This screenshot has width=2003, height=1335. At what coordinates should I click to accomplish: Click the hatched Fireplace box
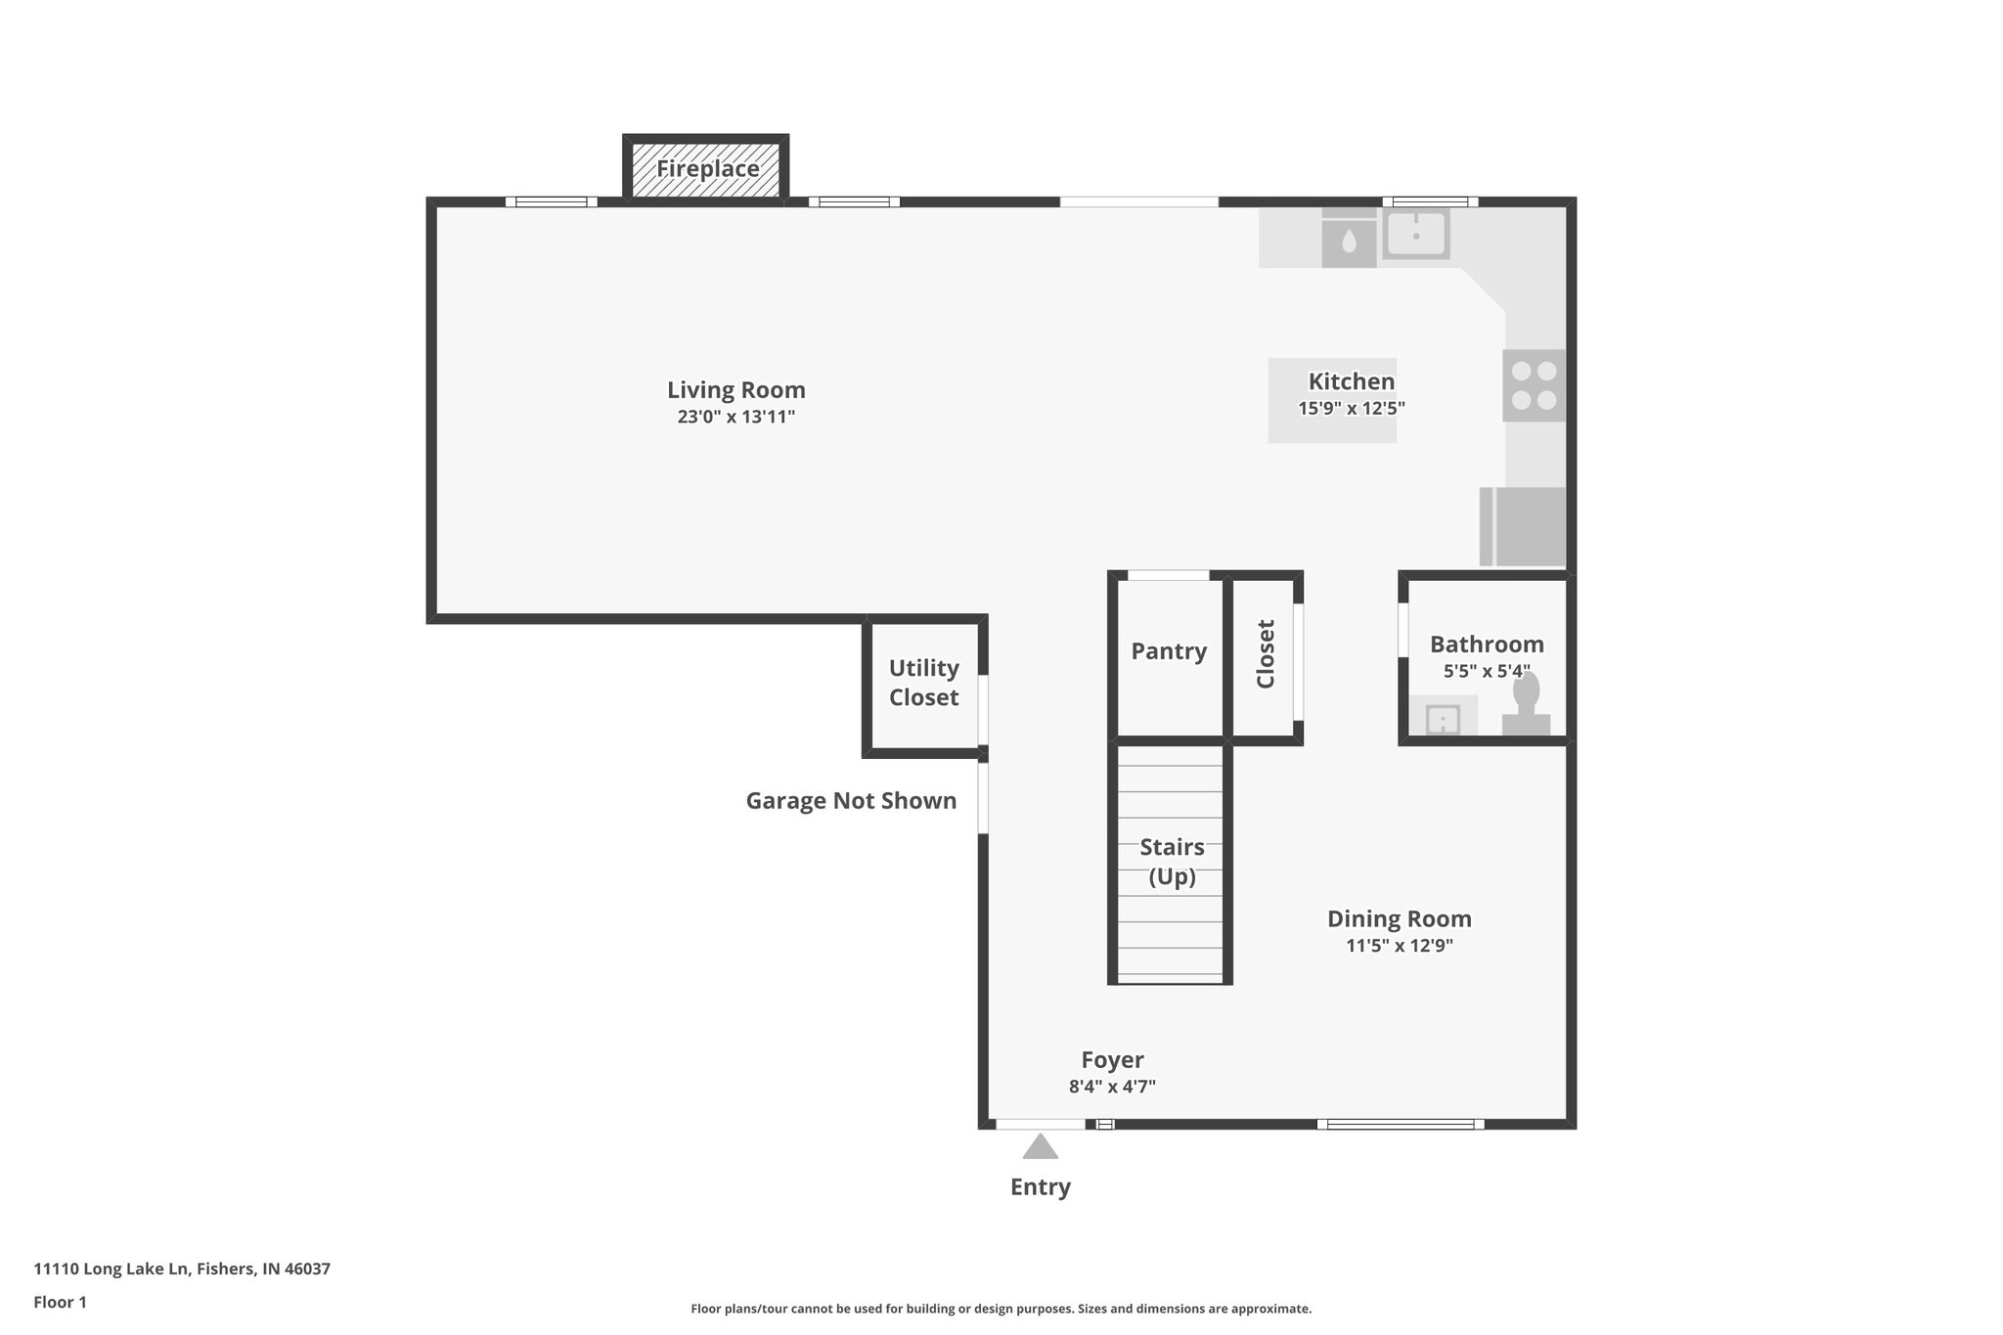click(706, 169)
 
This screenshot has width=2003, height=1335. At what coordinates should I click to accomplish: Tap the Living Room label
click(735, 390)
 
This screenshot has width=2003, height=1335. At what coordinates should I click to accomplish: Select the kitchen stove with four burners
click(1534, 385)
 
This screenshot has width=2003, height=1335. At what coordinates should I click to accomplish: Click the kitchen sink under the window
click(1415, 234)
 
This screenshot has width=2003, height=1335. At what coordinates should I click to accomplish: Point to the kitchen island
click(1331, 400)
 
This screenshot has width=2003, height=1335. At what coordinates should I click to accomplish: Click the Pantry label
click(1169, 651)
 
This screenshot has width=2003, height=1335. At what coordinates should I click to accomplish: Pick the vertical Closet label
click(1266, 654)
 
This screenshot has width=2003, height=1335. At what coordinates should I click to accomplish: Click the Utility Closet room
click(923, 683)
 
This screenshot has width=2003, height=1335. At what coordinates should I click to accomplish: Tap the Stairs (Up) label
click(1172, 862)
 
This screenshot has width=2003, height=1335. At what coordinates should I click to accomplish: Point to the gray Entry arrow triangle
click(1040, 1146)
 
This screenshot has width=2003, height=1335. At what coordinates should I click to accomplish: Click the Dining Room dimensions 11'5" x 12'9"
click(1399, 946)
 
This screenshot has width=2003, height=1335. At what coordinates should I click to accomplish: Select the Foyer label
click(1112, 1060)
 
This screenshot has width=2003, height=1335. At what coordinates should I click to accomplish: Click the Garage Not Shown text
click(851, 801)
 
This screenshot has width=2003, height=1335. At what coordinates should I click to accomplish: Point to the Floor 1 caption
click(60, 1303)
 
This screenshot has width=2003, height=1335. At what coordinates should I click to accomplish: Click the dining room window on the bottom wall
click(1400, 1125)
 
